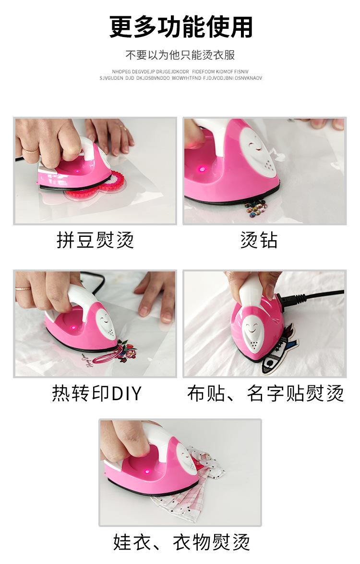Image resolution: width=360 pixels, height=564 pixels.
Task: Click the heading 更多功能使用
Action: pos(181,26)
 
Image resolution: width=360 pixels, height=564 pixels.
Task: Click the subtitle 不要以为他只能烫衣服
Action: pos(180,55)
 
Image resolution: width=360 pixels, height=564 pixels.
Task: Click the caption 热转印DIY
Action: pos(96,393)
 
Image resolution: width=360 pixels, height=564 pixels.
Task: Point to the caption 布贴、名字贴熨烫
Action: pos(265,393)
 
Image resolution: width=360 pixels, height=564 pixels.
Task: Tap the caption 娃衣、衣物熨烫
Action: pos(181,541)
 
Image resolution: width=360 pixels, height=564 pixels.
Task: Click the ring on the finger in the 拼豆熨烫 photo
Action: pos(31,150)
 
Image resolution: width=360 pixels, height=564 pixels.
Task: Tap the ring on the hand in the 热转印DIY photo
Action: pos(23,289)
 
